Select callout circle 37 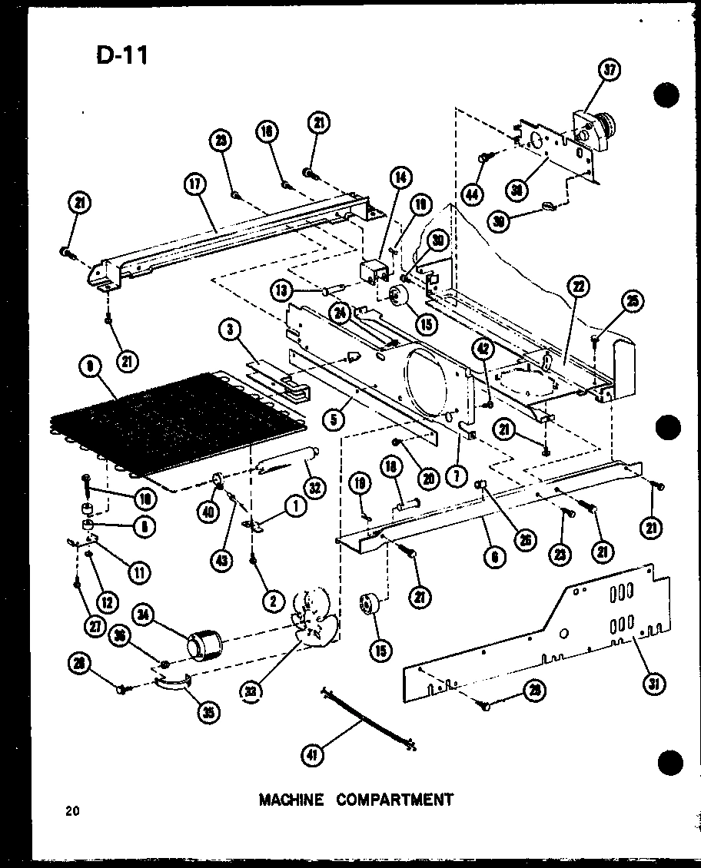[609, 71]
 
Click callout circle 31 [653, 685]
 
